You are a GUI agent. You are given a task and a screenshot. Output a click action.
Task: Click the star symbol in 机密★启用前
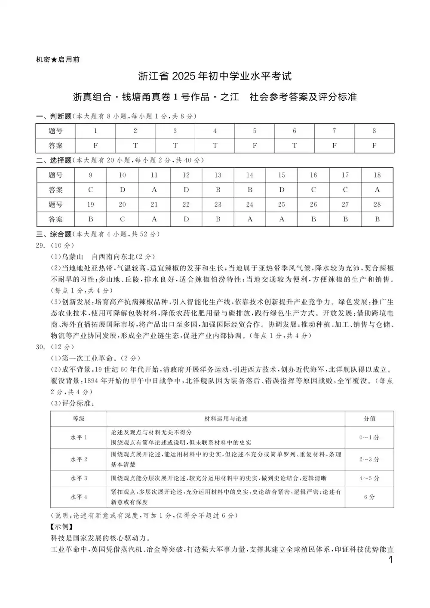54,60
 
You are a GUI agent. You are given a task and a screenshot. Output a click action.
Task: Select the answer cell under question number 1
95,145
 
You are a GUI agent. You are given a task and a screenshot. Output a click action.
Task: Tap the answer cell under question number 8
374,145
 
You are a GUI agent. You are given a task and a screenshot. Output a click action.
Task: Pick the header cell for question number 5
255,131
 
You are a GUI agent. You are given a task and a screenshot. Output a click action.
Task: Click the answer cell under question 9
90,190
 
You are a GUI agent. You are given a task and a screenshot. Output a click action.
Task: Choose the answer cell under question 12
186,190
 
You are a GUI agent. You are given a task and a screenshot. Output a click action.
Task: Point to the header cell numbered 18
377,175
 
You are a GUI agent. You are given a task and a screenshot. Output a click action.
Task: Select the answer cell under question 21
154,219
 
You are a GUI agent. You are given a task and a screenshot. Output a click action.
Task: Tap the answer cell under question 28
377,219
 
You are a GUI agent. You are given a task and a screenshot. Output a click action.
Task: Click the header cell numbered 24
249,204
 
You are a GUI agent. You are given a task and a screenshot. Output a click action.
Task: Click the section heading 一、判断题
53,116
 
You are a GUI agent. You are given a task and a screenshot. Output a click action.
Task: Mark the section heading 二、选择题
53,160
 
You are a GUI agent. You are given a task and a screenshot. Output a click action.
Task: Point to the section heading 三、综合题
53,234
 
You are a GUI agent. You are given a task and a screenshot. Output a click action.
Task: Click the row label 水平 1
79,437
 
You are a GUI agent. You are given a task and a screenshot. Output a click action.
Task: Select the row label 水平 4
79,497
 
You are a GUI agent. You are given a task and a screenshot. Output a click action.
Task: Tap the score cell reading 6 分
369,497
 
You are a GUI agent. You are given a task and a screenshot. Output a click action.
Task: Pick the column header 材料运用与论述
226,418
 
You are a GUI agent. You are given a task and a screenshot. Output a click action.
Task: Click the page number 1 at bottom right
390,560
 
